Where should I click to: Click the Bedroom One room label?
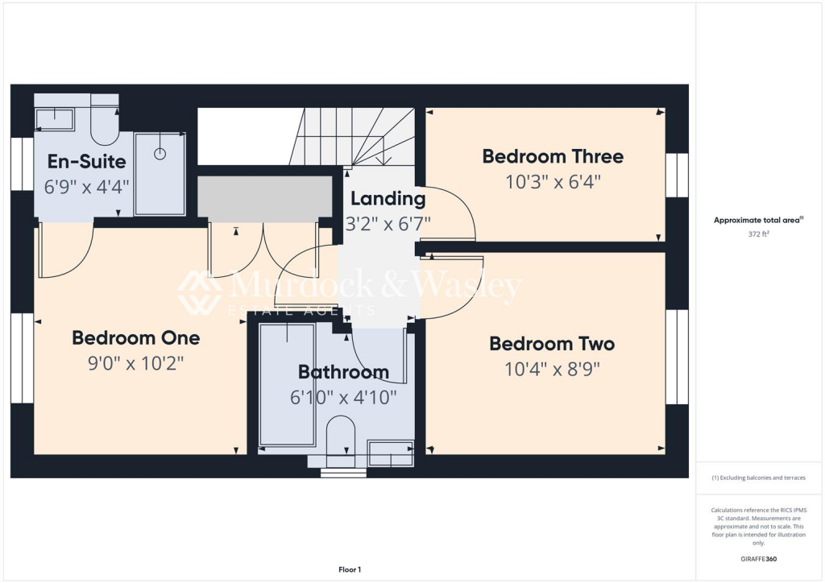(135, 337)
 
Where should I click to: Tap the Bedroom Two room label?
(552, 344)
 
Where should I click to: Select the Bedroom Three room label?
(553, 156)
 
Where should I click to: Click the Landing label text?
(388, 198)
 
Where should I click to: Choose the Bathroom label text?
(343, 372)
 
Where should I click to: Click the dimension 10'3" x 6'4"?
(553, 181)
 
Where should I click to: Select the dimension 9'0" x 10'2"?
(135, 362)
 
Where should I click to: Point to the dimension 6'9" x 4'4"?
(86, 186)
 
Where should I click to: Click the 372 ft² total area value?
(758, 234)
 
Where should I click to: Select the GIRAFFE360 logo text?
(758, 558)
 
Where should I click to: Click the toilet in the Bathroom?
(342, 439)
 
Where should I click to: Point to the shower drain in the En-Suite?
(160, 153)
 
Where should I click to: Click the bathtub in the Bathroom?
(286, 385)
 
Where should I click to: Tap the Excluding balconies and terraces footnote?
(758, 478)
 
